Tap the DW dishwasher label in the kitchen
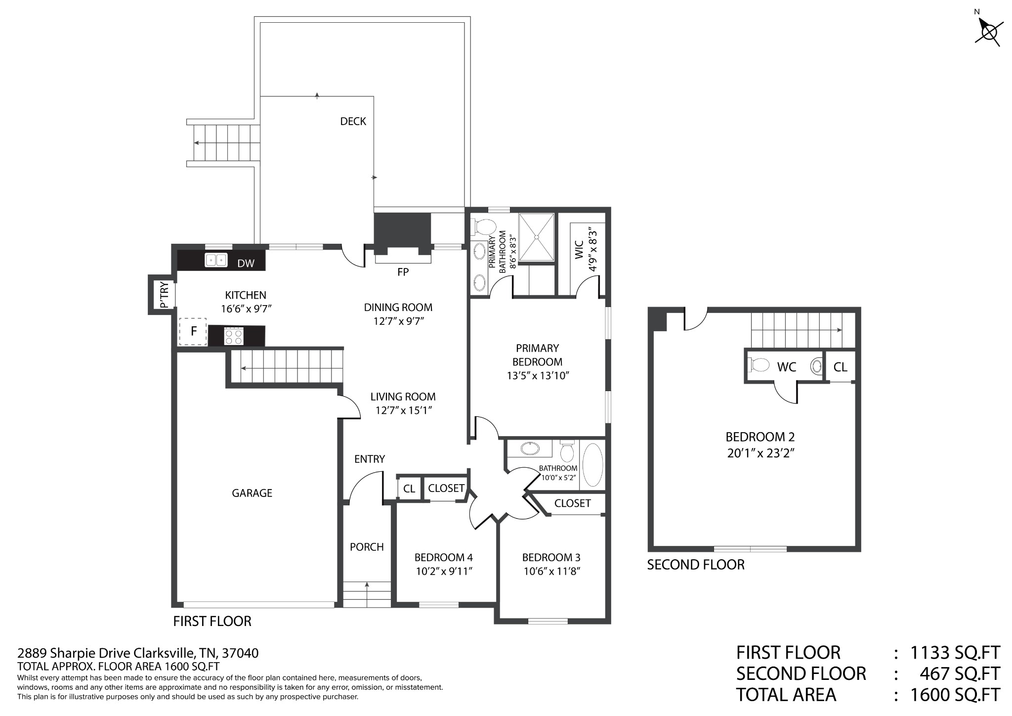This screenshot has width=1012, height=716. click(246, 264)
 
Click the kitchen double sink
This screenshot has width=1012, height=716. click(216, 260)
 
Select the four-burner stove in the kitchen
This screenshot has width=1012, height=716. click(234, 336)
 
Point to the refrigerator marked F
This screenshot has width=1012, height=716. click(193, 331)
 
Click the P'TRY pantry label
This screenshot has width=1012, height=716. click(165, 295)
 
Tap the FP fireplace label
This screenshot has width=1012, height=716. click(403, 272)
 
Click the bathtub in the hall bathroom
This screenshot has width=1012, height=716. click(593, 465)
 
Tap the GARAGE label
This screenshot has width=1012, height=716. click(252, 493)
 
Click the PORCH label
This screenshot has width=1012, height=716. click(367, 547)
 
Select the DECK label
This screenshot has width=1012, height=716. click(353, 121)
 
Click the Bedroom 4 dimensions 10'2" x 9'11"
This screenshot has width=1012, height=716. click(443, 572)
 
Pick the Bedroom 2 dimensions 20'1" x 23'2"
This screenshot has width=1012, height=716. click(761, 453)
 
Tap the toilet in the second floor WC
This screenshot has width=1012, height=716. click(759, 365)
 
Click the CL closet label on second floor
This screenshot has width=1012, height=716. click(841, 367)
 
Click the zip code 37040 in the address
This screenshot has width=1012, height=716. click(240, 653)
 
